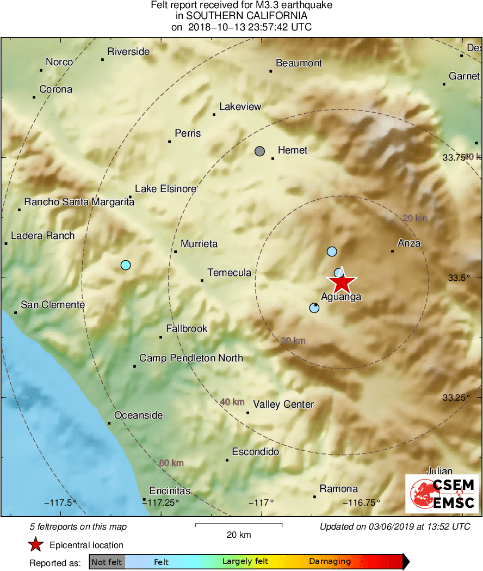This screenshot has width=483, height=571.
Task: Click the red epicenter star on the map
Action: (342, 283)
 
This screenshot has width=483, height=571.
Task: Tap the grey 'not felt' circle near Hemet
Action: (260, 151)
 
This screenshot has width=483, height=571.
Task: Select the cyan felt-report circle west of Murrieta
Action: (126, 265)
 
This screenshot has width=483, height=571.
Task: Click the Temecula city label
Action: (229, 273)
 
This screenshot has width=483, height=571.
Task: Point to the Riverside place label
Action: (128, 52)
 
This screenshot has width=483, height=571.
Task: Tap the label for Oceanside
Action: (138, 415)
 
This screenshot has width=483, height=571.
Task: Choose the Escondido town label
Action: (255, 452)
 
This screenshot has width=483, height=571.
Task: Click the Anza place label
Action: (409, 243)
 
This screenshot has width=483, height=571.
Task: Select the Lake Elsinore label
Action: (165, 189)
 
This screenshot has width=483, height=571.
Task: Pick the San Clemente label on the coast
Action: (52, 305)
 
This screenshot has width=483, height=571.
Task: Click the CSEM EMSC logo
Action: (442, 494)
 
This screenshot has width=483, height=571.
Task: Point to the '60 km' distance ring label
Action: (171, 463)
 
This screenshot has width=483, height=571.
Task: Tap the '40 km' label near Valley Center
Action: (232, 402)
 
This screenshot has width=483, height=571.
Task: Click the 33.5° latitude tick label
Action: (459, 278)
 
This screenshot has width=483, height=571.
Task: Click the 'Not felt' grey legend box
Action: (107, 562)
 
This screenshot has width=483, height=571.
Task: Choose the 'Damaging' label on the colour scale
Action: (330, 562)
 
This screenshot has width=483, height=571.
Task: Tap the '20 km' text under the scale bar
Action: (239, 535)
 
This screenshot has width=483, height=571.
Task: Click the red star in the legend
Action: (35, 545)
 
